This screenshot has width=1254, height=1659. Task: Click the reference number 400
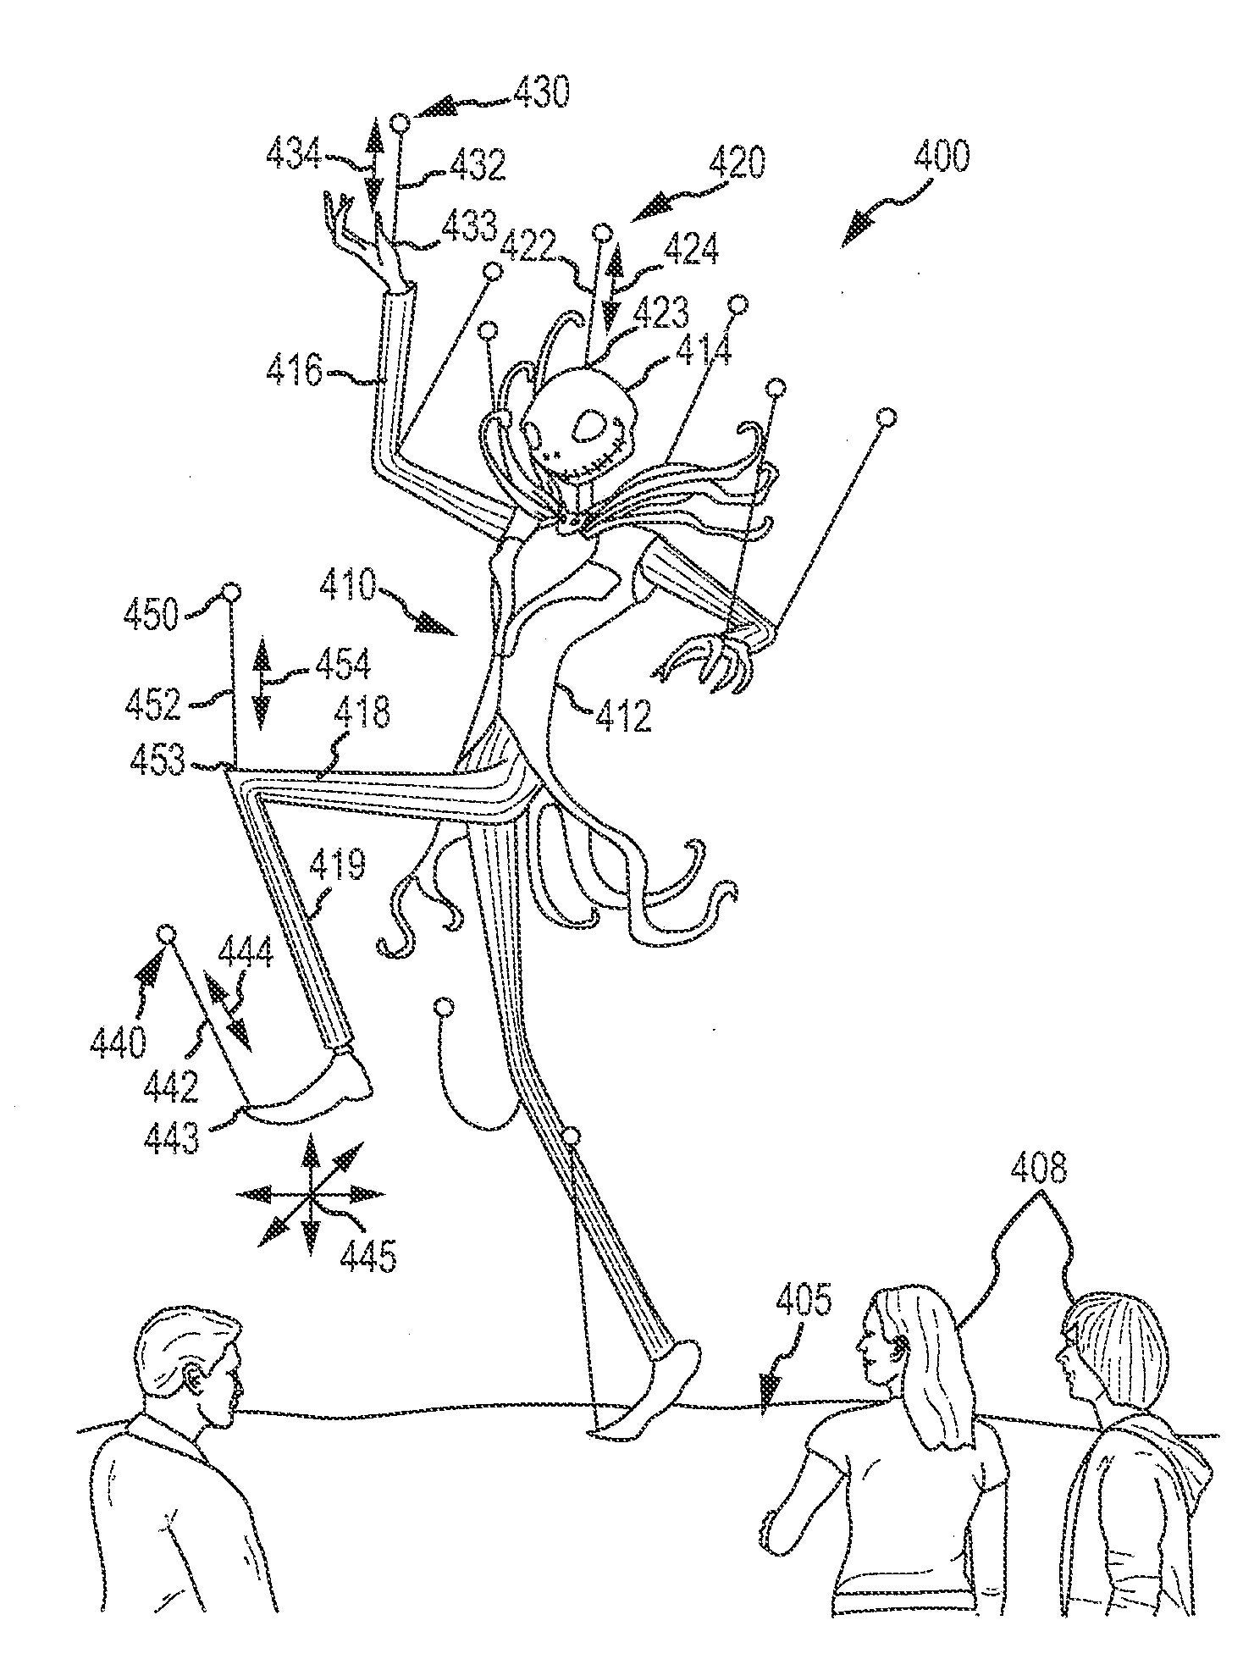pyautogui.click(x=942, y=158)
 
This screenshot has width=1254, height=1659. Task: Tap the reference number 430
pyautogui.click(x=540, y=91)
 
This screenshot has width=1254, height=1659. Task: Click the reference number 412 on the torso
pyautogui.click(x=623, y=716)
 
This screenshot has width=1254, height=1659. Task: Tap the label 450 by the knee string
pyautogui.click(x=152, y=615)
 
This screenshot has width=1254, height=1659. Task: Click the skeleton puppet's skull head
pyautogui.click(x=579, y=418)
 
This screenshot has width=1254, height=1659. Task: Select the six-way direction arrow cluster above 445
pyautogui.click(x=310, y=1193)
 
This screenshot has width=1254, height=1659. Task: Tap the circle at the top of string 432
pyautogui.click(x=401, y=124)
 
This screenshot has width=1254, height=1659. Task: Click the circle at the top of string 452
pyautogui.click(x=229, y=592)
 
